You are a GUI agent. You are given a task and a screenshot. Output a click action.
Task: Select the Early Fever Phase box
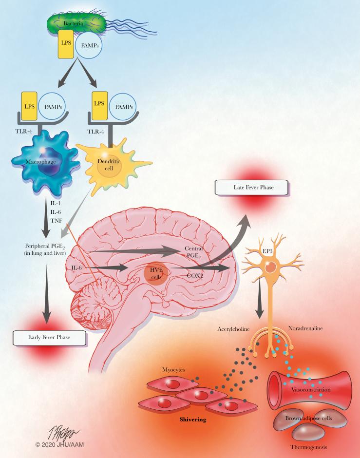tap(47, 337)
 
